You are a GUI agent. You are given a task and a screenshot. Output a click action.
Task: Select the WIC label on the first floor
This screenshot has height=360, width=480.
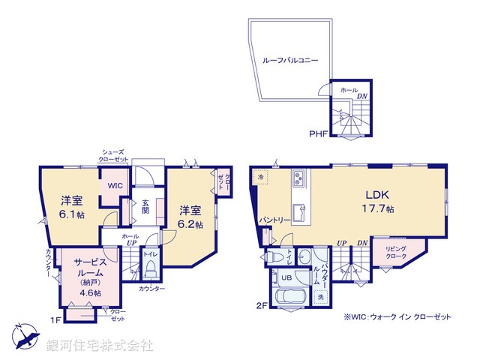click(114, 184)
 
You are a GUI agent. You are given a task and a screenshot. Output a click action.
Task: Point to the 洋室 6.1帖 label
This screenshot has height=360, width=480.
click(72, 207)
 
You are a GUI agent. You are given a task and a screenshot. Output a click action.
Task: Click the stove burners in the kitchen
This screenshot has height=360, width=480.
click(298, 178)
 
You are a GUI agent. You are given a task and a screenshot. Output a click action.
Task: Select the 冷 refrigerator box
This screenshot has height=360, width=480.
click(260, 178)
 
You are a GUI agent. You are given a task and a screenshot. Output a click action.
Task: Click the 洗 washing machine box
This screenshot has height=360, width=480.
click(320, 298)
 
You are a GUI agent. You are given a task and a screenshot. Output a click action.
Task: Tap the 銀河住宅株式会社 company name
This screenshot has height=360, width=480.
click(99, 346)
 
